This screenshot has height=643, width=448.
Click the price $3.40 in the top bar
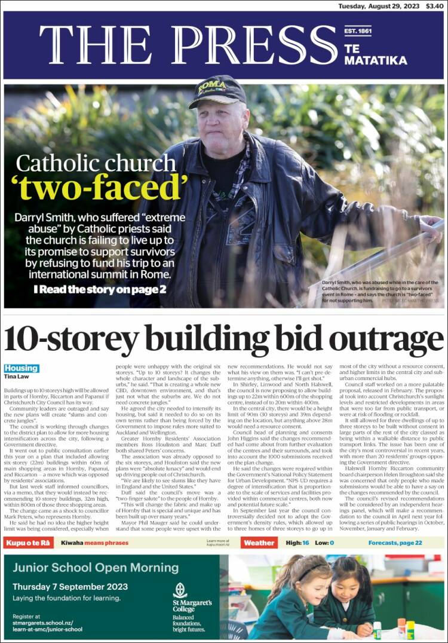[435, 6]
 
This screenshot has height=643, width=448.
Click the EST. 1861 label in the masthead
[358, 31]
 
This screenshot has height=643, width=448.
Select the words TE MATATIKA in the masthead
[375, 54]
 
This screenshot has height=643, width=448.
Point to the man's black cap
[216, 91]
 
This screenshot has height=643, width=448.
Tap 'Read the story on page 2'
[100, 290]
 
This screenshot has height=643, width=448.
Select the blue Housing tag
[22, 368]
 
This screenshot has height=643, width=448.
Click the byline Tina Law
[16, 376]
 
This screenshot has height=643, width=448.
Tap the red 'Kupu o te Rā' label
[28, 543]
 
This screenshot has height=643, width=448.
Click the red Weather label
[259, 543]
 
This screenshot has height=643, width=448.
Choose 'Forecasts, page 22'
[395, 543]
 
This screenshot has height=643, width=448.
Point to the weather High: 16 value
[297, 543]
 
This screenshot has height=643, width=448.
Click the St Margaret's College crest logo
[180, 590]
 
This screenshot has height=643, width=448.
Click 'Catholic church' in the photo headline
[96, 163]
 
